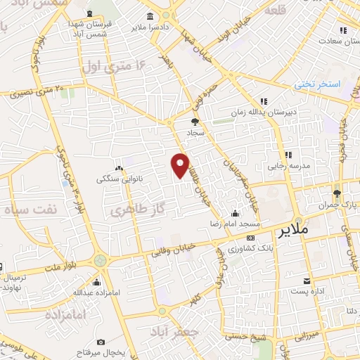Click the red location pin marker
point(181,165)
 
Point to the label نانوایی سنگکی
point(123,179)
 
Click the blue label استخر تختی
point(316,84)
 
